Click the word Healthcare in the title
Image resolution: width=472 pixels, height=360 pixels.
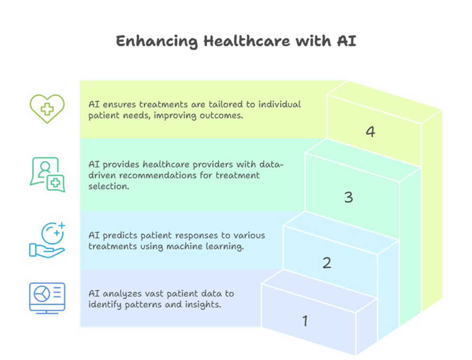[247, 41]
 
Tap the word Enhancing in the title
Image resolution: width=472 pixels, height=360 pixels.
[157, 42]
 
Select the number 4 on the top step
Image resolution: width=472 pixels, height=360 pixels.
[370, 132]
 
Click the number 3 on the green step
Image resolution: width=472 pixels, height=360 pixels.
[349, 197]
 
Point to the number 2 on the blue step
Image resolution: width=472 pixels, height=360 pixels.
[327, 263]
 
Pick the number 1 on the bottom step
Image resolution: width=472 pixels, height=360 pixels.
[305, 321]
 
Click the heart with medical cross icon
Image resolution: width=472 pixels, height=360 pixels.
[47, 109]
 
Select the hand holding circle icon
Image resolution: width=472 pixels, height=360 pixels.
[47, 240]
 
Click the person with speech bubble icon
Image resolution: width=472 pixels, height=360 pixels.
[47, 174]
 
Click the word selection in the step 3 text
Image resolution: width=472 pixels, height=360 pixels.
[108, 187]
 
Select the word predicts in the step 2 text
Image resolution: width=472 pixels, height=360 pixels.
[120, 235]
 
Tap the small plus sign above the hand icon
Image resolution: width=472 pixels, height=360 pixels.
[61, 225]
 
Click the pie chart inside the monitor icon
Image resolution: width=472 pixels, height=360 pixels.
[42, 294]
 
